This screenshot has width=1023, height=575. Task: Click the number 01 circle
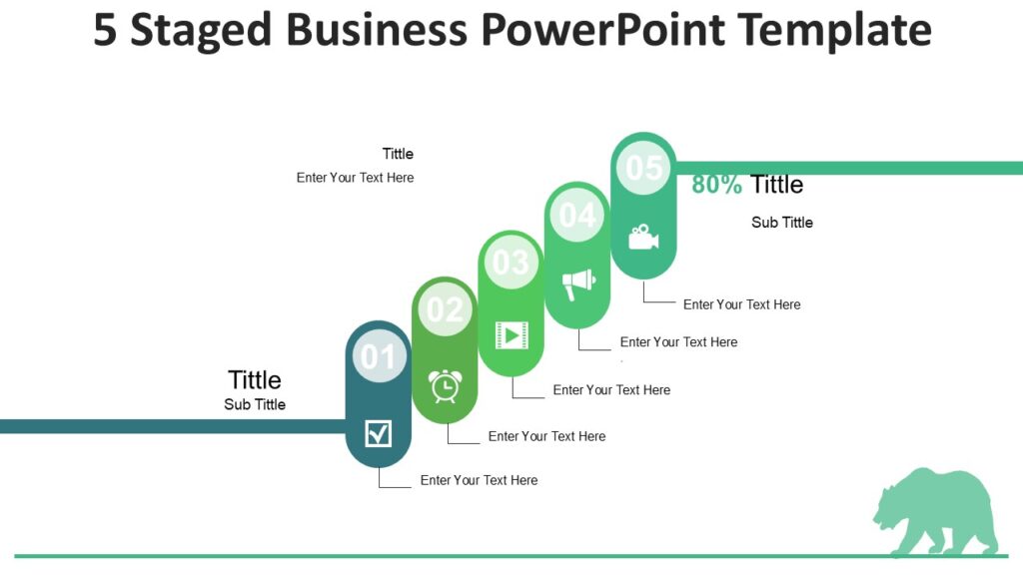click(x=379, y=356)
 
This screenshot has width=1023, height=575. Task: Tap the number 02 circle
click(x=445, y=309)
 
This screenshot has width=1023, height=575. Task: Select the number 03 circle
click(x=511, y=262)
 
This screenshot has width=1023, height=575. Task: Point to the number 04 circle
click(x=577, y=215)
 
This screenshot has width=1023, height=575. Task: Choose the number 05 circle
click(x=643, y=168)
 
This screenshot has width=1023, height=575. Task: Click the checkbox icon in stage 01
click(x=379, y=433)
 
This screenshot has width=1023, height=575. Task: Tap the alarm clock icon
click(x=446, y=385)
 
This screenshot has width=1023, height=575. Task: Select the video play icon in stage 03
click(x=511, y=334)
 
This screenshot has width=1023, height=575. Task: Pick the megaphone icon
click(x=577, y=285)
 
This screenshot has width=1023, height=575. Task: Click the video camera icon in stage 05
click(x=643, y=238)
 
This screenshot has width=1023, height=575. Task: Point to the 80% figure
click(x=717, y=185)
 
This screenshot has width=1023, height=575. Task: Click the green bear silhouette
click(x=935, y=511)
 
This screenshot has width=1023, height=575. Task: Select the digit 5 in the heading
click(x=105, y=30)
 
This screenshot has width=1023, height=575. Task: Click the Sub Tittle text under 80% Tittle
click(x=782, y=223)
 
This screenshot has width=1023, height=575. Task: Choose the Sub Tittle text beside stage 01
click(x=255, y=404)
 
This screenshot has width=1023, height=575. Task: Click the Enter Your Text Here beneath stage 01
click(x=479, y=480)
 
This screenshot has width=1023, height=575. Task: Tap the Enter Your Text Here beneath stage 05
click(x=741, y=304)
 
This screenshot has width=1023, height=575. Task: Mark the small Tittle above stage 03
click(x=398, y=154)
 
